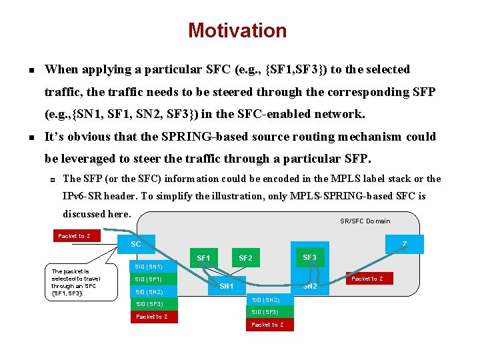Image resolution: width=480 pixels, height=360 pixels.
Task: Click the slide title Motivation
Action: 237,31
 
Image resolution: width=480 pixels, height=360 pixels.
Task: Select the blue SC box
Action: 136,244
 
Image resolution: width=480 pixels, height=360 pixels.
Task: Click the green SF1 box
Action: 204,258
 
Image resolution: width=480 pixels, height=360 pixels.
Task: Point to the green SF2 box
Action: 245,258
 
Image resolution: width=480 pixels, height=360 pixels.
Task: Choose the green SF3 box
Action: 309,257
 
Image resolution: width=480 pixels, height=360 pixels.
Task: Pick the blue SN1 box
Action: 227,286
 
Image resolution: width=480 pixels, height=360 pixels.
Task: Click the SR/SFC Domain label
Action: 365,221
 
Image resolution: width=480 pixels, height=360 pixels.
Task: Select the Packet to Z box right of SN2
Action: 367,279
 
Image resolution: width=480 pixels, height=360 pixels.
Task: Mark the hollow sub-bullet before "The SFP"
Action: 51,179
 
